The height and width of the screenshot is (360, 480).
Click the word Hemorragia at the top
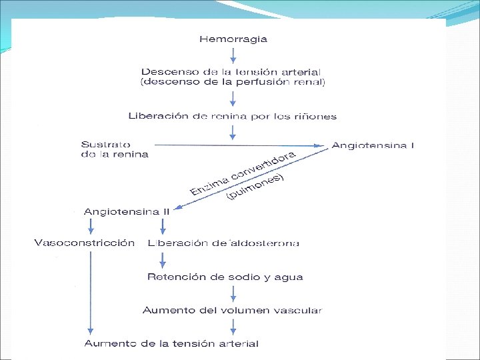233,39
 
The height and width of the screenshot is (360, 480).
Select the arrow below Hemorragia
233,55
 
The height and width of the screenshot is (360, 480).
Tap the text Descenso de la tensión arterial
231,71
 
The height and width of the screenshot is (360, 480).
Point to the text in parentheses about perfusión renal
233,82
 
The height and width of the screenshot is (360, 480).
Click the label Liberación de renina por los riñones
233,116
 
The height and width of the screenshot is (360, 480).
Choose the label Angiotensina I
373,145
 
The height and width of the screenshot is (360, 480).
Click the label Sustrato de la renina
114,149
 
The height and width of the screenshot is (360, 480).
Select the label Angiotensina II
127,211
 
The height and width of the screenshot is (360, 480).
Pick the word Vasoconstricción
84,243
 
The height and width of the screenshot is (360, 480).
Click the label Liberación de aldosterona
223,243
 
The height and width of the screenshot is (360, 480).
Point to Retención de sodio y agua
226,277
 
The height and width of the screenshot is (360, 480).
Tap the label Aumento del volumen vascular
232,310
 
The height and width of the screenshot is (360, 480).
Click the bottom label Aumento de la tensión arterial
171,343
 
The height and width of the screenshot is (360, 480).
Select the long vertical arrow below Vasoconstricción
90,293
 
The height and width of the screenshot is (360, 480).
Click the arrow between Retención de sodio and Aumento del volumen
233,293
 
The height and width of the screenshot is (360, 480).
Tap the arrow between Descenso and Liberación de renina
233,99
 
